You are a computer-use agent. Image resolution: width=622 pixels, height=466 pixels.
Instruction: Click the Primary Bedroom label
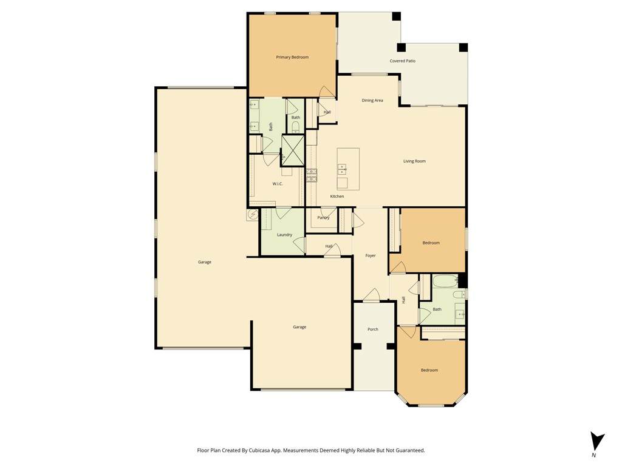click(292, 58)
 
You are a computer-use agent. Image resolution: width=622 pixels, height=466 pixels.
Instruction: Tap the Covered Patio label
click(403, 61)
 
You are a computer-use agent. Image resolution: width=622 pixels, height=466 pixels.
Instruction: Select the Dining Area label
click(372, 101)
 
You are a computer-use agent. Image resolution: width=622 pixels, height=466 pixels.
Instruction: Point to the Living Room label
click(414, 161)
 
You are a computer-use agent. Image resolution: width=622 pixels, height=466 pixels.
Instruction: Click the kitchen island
click(348, 169)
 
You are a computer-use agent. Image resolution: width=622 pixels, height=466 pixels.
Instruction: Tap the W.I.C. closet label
click(278, 184)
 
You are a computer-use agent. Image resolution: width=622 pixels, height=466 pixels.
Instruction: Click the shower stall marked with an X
click(293, 150)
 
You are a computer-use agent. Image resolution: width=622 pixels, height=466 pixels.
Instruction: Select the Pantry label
click(323, 218)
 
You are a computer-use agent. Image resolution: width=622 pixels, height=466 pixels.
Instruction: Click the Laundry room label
click(284, 235)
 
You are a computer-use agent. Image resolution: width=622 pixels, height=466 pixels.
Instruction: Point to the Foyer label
click(371, 256)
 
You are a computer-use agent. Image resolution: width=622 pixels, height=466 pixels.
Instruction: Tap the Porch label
click(373, 329)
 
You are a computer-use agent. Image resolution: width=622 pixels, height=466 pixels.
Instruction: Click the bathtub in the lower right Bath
click(445, 282)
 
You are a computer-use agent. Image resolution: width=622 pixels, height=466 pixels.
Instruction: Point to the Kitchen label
click(337, 197)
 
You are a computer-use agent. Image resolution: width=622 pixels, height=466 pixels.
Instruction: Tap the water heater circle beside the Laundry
click(253, 215)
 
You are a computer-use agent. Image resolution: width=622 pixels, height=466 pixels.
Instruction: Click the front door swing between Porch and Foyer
click(372, 295)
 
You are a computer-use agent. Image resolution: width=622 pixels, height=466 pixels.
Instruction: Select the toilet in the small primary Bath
click(296, 127)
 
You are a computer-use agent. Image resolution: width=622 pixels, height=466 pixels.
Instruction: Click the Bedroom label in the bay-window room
click(429, 371)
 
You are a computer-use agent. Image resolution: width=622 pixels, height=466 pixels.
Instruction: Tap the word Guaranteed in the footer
click(412, 451)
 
